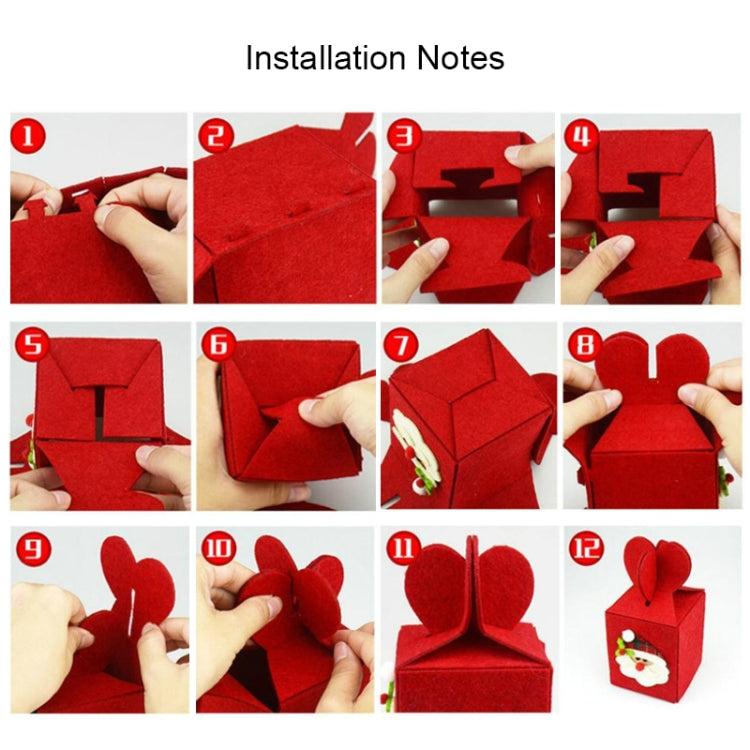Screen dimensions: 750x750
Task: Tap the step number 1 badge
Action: pyautogui.click(x=27, y=135)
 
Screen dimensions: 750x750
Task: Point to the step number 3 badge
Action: pyautogui.click(x=401, y=135)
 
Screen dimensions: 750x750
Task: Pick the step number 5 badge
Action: pyautogui.click(x=31, y=346)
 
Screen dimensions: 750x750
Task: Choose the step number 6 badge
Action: pyautogui.click(x=217, y=345)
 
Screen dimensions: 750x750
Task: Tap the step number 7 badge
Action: pyautogui.click(x=401, y=345)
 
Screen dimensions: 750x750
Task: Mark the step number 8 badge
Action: pyautogui.click(x=583, y=345)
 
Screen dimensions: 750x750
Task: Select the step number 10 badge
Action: pyautogui.click(x=217, y=548)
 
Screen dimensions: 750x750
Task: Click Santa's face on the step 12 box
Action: pyautogui.click(x=634, y=656)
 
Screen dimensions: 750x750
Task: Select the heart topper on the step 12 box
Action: pyautogui.click(x=655, y=568)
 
